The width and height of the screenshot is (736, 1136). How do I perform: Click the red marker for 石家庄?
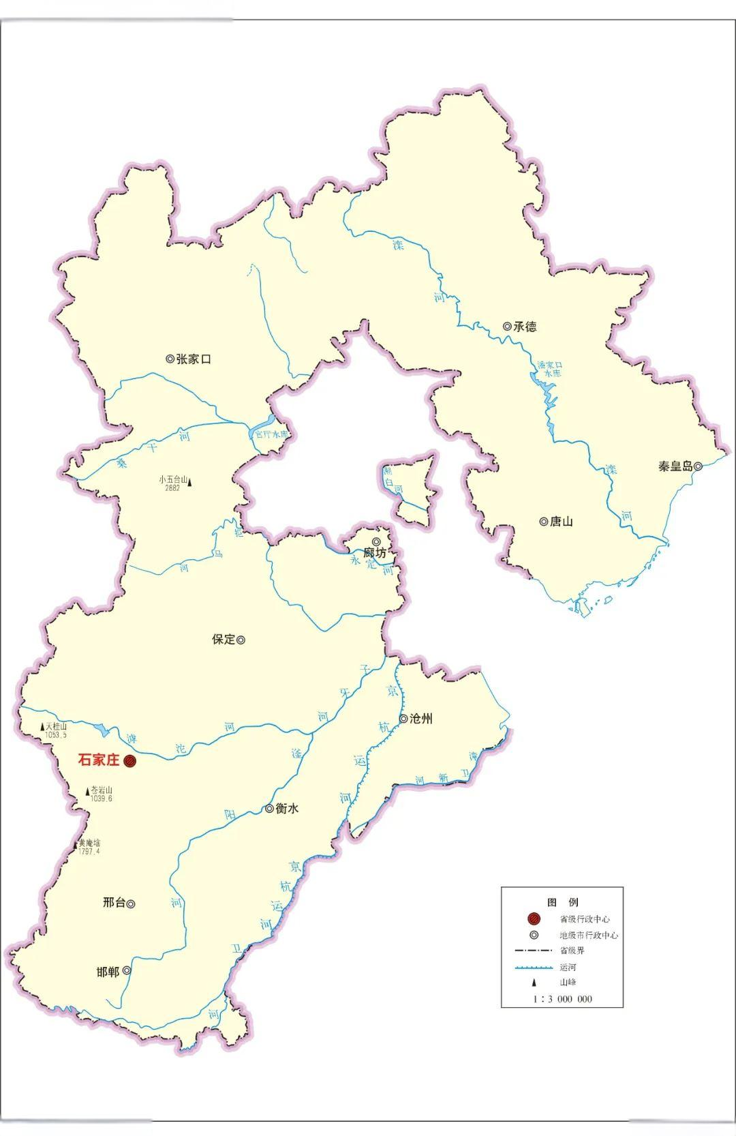(129, 761)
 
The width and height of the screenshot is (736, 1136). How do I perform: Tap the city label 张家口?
(194, 359)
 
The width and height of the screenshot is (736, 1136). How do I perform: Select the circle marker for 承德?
(507, 327)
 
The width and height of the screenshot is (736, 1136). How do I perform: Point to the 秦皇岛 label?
(675, 466)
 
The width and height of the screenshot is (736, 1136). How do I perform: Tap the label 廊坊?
(374, 553)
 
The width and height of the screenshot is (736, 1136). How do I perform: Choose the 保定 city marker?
(241, 640)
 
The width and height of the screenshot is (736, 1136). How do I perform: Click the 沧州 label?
(420, 719)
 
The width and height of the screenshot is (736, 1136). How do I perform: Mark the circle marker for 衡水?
(270, 809)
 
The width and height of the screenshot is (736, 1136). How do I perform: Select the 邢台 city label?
(114, 903)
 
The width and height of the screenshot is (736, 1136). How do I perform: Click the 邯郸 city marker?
(127, 970)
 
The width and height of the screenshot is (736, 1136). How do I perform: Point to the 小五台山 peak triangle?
(189, 483)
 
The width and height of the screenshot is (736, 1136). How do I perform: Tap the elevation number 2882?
(172, 488)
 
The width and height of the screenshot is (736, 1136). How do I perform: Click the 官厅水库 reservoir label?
(272, 434)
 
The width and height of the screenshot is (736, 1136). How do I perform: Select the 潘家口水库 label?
(550, 369)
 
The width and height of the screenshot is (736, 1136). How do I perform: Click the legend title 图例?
(562, 901)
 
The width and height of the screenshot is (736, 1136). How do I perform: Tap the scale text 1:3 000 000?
(562, 999)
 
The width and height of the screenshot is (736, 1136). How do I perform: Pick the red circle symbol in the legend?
(534, 919)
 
